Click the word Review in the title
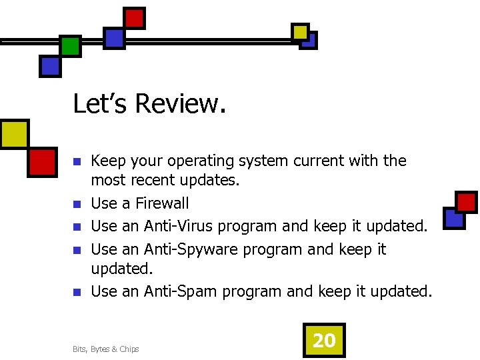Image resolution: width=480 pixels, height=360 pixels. [x=181, y=104]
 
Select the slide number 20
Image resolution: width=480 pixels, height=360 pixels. [x=324, y=341]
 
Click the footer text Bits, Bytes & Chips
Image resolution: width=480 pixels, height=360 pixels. [x=106, y=349]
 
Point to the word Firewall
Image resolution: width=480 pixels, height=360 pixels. [x=162, y=203]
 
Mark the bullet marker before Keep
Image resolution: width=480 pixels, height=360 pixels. [x=77, y=162]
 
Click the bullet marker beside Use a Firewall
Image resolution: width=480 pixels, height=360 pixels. [x=77, y=204]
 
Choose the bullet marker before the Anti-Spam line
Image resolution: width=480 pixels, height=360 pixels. [x=77, y=292]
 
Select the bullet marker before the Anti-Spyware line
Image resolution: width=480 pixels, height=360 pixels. [x=77, y=250]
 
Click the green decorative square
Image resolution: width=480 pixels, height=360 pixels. [x=70, y=46]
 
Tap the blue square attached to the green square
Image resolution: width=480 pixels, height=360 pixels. [x=50, y=65]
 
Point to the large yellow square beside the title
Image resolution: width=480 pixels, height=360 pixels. [x=13, y=135]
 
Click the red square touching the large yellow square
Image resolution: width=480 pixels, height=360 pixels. [x=42, y=162]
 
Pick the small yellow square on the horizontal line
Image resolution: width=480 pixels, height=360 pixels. [x=300, y=31]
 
